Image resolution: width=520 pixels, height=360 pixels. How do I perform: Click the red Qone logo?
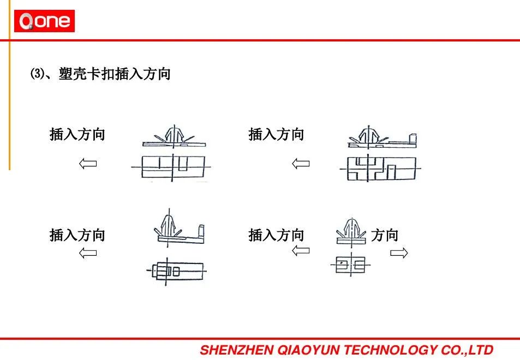tap(44, 21)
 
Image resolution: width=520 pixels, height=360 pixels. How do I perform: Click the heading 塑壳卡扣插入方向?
tap(115, 74)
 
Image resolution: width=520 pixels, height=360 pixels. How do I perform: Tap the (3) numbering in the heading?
tap(37, 74)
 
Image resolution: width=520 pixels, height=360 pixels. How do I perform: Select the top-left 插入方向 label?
tap(77, 134)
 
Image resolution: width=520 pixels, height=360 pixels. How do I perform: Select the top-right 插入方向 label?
tap(276, 134)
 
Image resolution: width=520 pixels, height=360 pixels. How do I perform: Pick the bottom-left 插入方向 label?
tap(77, 235)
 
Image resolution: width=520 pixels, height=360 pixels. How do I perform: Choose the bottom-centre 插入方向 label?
tap(276, 235)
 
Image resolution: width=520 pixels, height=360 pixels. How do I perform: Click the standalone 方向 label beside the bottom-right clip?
tap(385, 235)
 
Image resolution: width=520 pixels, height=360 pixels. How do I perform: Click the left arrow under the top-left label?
tap(88, 164)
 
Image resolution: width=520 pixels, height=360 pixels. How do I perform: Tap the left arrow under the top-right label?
tap(301, 164)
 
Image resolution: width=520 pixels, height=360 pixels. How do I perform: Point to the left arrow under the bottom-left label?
tap(88, 253)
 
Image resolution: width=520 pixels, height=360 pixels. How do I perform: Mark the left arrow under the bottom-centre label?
tap(301, 250)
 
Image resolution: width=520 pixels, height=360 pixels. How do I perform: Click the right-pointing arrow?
tap(399, 253)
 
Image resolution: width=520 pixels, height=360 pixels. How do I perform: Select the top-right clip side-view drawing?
tap(382, 137)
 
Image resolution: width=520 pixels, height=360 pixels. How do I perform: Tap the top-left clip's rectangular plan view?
tap(173, 167)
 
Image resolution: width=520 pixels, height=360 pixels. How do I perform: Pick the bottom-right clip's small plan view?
tap(351, 265)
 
